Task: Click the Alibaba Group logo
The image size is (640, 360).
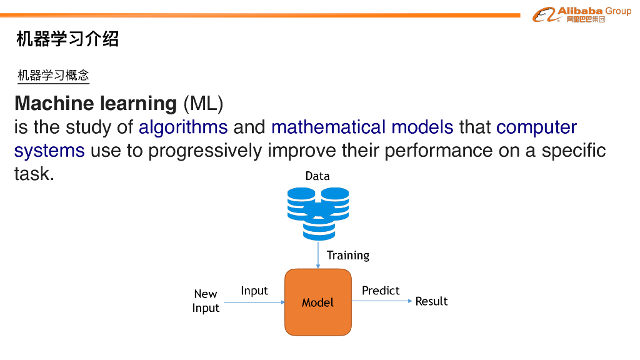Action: (x=582, y=15)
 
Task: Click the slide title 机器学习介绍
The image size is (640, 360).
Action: (x=67, y=39)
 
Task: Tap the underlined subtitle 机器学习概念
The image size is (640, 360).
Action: (x=53, y=75)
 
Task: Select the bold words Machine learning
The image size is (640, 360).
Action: (x=96, y=103)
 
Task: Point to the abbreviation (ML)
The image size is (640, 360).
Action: (x=203, y=103)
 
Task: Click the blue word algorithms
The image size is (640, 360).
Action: (x=183, y=127)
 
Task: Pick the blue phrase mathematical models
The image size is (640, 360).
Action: (x=362, y=127)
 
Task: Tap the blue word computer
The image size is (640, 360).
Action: (x=536, y=127)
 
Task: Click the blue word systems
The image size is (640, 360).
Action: (x=49, y=151)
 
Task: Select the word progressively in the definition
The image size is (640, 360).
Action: (x=205, y=151)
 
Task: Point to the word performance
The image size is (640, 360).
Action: (x=438, y=151)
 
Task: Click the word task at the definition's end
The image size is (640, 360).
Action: (x=34, y=174)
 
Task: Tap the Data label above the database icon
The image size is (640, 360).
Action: (x=317, y=176)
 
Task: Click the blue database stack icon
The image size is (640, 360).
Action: (x=318, y=214)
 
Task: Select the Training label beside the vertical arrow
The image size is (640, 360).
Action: (x=347, y=256)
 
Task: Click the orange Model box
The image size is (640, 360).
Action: (x=318, y=302)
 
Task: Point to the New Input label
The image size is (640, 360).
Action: (x=206, y=301)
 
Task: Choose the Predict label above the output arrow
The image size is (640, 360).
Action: (x=381, y=291)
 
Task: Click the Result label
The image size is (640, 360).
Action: (x=431, y=301)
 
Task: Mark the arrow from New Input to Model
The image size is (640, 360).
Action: (x=254, y=302)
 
